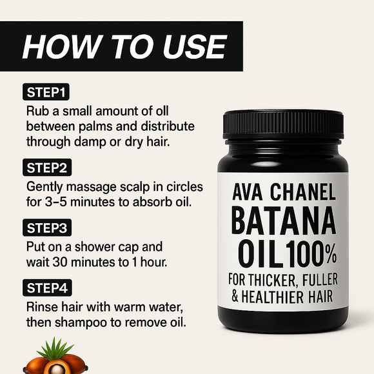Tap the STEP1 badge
(x=48, y=91)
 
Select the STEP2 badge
(x=50, y=169)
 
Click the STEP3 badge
(x=50, y=228)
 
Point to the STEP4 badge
(x=50, y=288)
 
